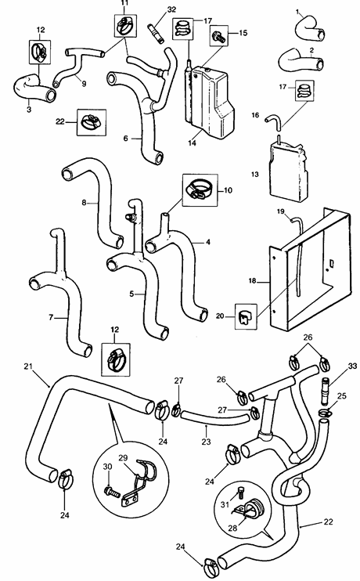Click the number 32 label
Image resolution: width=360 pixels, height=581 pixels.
pos(171,9)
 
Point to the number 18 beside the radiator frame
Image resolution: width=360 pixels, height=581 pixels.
pos(252,280)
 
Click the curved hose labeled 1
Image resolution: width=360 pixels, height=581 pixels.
pos(311,29)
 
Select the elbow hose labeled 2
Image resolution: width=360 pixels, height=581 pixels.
pos(301,60)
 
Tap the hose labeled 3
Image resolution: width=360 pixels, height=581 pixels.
pos(34,88)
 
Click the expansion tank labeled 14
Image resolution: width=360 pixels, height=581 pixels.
pos(208,100)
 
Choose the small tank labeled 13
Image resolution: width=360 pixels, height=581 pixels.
pos(289,171)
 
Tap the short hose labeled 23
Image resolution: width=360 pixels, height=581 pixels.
pos(214,419)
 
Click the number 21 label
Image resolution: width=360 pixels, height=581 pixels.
pos(28,366)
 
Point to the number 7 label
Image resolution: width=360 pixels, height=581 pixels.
pos(51,318)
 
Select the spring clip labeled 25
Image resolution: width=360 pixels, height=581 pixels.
pos(324,413)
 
